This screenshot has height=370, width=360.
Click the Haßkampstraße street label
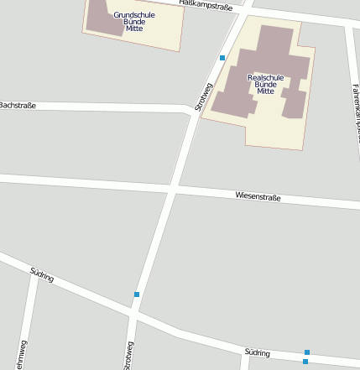pyautogui.click(x=206, y=5)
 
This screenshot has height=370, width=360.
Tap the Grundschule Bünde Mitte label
pyautogui.click(x=134, y=22)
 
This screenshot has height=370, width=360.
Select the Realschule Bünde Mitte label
pyautogui.click(x=266, y=84)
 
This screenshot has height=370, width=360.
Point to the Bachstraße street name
pyautogui.click(x=18, y=105)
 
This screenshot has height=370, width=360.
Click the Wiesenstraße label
pyautogui.click(x=258, y=197)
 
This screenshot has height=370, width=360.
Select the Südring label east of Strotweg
pyautogui.click(x=258, y=353)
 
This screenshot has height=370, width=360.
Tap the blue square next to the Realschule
pyautogui.click(x=222, y=58)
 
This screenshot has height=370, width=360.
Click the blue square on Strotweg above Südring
pyautogui.click(x=137, y=294)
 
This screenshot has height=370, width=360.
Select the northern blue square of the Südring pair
pyautogui.click(x=307, y=352)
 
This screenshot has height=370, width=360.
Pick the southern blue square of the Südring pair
pyautogui.click(x=305, y=362)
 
